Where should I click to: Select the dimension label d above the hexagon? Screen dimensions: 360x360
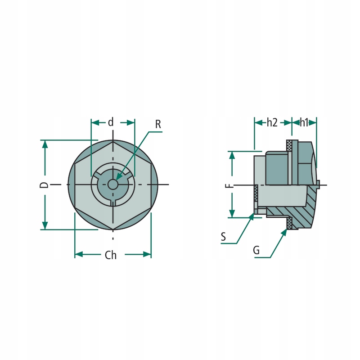[111, 122]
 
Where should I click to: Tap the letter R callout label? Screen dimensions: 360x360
[158, 124]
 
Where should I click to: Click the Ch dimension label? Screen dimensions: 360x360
[111, 255]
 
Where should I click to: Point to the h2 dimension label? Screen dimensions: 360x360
[272, 122]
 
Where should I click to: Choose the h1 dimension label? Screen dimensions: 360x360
[304, 122]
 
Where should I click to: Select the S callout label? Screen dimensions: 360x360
[223, 237]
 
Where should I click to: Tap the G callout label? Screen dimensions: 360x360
[256, 250]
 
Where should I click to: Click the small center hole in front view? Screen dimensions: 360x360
[112, 184]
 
